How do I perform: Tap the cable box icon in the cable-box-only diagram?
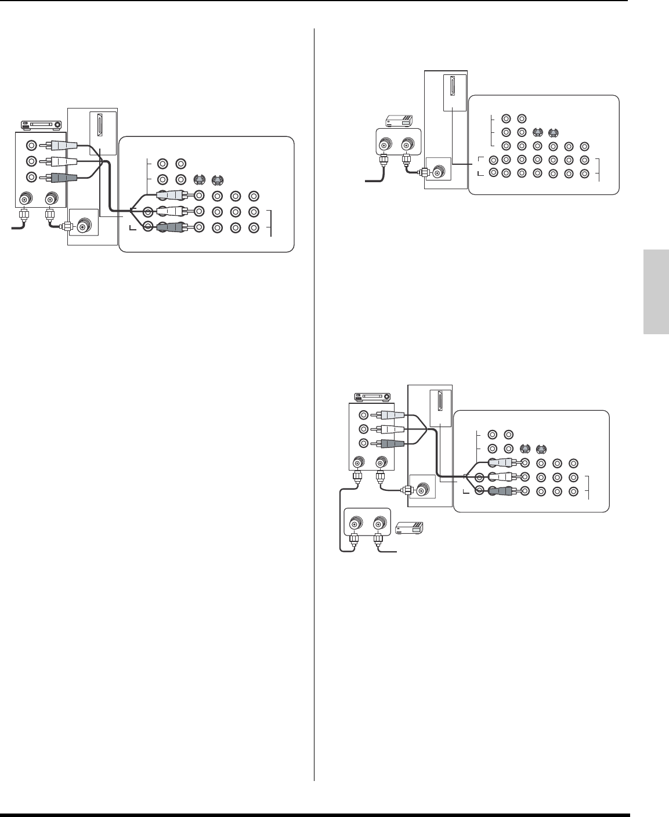tap(399, 121)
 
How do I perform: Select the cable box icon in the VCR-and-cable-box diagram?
tap(409, 527)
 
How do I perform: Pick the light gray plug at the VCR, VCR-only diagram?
tap(61, 146)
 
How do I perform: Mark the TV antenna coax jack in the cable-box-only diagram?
tap(436, 172)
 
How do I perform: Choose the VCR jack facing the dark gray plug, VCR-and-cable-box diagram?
tap(363, 443)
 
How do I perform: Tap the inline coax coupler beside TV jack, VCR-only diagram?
tap(67, 227)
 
